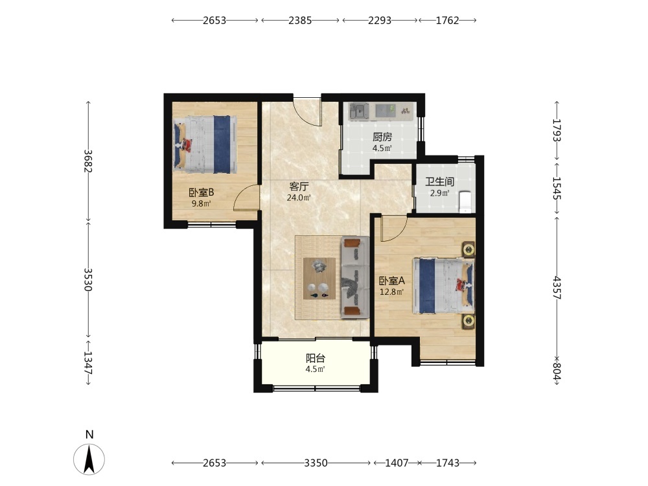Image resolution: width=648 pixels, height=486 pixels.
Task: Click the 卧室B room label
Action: coord(202,192)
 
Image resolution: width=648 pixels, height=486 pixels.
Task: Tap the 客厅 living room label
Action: coord(299,187)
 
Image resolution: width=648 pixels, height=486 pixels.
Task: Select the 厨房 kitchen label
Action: coord(382,137)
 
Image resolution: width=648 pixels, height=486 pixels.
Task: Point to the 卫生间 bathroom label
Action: coord(440,182)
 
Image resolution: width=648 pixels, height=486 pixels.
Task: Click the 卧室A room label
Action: coord(392,281)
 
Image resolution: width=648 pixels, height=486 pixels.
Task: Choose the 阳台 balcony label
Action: coord(316,358)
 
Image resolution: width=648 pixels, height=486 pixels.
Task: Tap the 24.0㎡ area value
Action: coord(299,198)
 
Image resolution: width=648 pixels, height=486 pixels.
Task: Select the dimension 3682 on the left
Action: coord(87,161)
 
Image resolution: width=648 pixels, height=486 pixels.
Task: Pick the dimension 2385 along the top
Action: coord(300,20)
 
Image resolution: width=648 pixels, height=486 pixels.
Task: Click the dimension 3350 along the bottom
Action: coord(316,463)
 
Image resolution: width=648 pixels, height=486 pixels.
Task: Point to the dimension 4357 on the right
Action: coord(557,288)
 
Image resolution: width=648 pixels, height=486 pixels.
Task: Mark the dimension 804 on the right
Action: coord(557,371)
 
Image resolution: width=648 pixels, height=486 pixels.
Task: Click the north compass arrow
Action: coord(89,459)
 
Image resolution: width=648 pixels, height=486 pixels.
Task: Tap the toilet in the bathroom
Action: coord(466,202)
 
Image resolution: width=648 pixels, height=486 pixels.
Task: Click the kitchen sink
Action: coord(359,111)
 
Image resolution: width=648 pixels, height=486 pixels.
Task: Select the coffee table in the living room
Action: coord(319,279)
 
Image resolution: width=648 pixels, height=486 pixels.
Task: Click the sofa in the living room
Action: coord(354,278)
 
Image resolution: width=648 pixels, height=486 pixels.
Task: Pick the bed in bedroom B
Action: coord(205,145)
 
